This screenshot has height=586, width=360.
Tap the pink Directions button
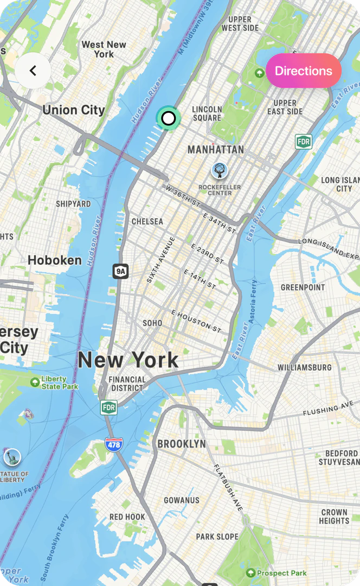click(x=303, y=71)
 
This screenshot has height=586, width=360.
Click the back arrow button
click(x=33, y=71)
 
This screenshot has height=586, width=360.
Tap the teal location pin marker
click(x=169, y=118)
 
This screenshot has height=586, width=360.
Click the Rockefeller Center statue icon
click(x=220, y=171)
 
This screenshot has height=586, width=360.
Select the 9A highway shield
click(x=120, y=271)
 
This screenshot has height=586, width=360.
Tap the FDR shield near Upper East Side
click(x=304, y=142)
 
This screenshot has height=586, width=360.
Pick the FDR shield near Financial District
click(x=109, y=407)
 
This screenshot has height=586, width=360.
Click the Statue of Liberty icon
click(x=12, y=457)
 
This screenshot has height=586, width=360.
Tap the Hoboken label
click(x=55, y=260)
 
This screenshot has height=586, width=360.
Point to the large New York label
click(x=128, y=360)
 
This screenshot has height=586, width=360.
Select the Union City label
click(x=74, y=110)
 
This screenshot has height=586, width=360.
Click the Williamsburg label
click(x=305, y=367)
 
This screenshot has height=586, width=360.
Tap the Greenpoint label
click(x=303, y=287)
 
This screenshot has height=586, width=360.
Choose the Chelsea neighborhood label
click(x=147, y=221)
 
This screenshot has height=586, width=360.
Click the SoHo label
click(x=152, y=323)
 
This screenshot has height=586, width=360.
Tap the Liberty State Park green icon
click(x=35, y=382)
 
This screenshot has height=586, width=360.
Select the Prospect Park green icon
click(x=250, y=573)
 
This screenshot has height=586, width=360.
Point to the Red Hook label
click(x=127, y=517)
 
